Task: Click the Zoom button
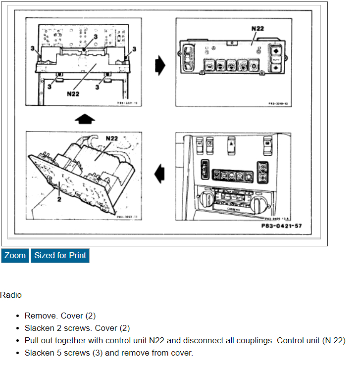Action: [x=15, y=256]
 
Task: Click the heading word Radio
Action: [x=11, y=295]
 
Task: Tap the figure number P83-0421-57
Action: [x=281, y=226]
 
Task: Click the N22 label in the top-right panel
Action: [x=257, y=29]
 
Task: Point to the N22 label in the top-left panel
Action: [x=73, y=94]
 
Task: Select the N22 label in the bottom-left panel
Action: [x=111, y=138]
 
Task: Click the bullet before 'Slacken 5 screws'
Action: [x=18, y=353]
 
